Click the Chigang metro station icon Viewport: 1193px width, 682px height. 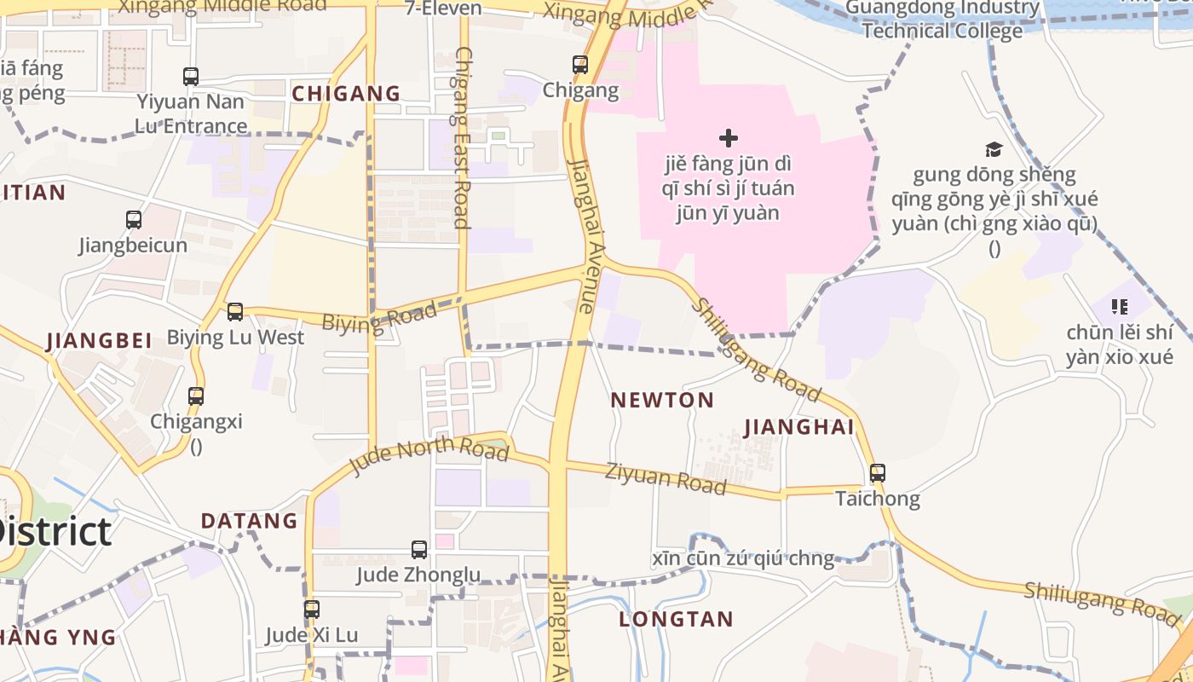pos(580,64)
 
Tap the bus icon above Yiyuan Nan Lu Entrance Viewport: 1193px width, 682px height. pos(191,77)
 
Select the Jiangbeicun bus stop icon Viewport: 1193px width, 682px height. pos(134,220)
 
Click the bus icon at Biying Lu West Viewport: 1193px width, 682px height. pos(235,312)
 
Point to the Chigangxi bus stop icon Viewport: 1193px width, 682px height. pos(196,396)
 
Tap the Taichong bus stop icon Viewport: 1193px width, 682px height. pos(878,473)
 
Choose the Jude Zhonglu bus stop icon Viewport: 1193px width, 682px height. pos(419,550)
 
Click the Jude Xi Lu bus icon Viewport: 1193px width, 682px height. pos(312,610)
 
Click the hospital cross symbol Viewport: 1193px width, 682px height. pos(729,137)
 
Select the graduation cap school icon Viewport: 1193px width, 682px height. pos(994,150)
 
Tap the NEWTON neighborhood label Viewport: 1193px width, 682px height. pos(662,400)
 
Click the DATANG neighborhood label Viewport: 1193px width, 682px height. pos(249,521)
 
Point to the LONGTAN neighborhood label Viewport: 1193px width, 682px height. pos(676,620)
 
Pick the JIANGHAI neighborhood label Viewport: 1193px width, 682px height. pos(798,427)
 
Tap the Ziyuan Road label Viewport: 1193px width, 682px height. pos(666,478)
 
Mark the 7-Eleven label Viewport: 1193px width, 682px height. pos(443,9)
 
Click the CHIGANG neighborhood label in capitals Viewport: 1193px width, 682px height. pos(346,94)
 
